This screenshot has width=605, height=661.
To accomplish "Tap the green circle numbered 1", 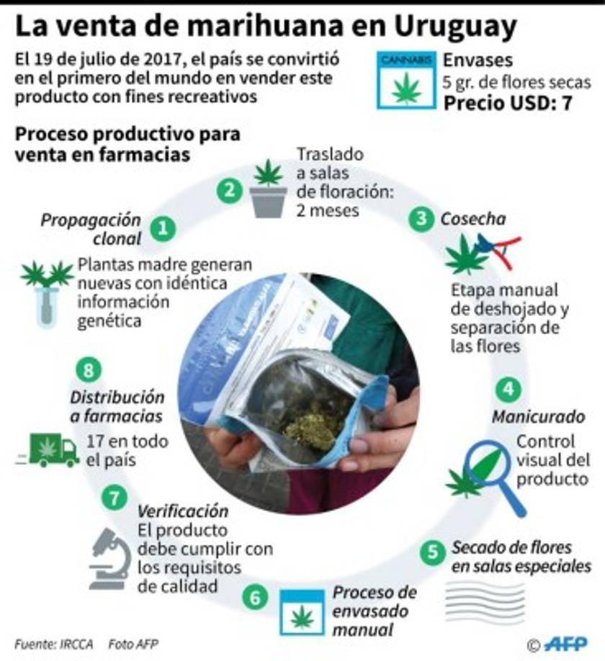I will tap(165, 228).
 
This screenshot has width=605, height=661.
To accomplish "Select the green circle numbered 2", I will tap(229, 190).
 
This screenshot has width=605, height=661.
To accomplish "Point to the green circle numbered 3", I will tap(421, 220).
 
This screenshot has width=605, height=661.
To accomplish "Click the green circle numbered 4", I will tap(508, 390).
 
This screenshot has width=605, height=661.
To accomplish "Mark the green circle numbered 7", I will tap(114, 497).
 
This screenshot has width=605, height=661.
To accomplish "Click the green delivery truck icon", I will tap(53, 451).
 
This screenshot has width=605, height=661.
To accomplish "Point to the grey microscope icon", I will tap(109, 557).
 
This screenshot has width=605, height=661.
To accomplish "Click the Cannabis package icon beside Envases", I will tap(406, 80).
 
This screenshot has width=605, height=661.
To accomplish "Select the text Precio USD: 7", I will tap(507, 103).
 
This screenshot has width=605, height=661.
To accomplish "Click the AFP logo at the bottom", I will tap(565, 644).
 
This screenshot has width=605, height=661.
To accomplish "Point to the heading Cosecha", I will tap(473, 219).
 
